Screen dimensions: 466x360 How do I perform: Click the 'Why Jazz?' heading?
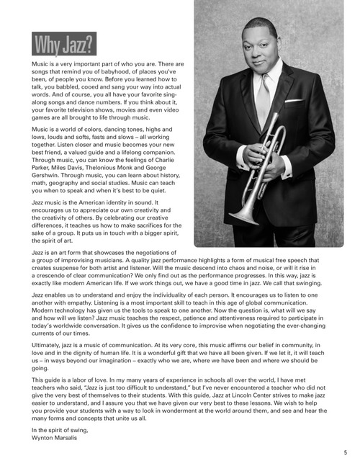pyautogui.click(x=63, y=45)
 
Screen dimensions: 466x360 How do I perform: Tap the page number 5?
pyautogui.click(x=345, y=452)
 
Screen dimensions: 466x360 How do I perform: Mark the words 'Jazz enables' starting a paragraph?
pyautogui.click(x=50, y=295)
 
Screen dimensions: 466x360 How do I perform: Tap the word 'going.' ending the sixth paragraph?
pyautogui.click(x=41, y=367)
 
